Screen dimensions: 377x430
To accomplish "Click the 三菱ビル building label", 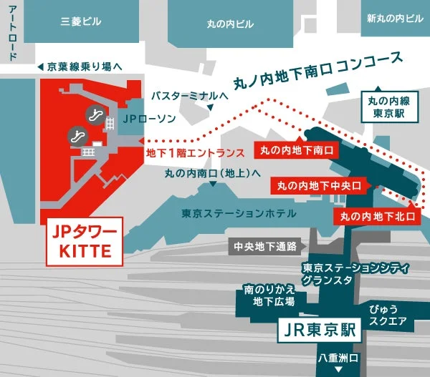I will pyautogui.click(x=81, y=22).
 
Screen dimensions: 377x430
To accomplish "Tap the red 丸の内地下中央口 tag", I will pyautogui.click(x=320, y=186).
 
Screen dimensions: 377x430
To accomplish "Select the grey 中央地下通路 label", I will pyautogui.click(x=265, y=248).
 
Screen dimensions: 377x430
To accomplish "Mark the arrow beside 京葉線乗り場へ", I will pyautogui.click(x=41, y=67).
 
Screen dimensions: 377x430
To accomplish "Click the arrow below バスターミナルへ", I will pyautogui.click(x=211, y=107).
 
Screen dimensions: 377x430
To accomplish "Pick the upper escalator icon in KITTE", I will pyautogui.click(x=94, y=112).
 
